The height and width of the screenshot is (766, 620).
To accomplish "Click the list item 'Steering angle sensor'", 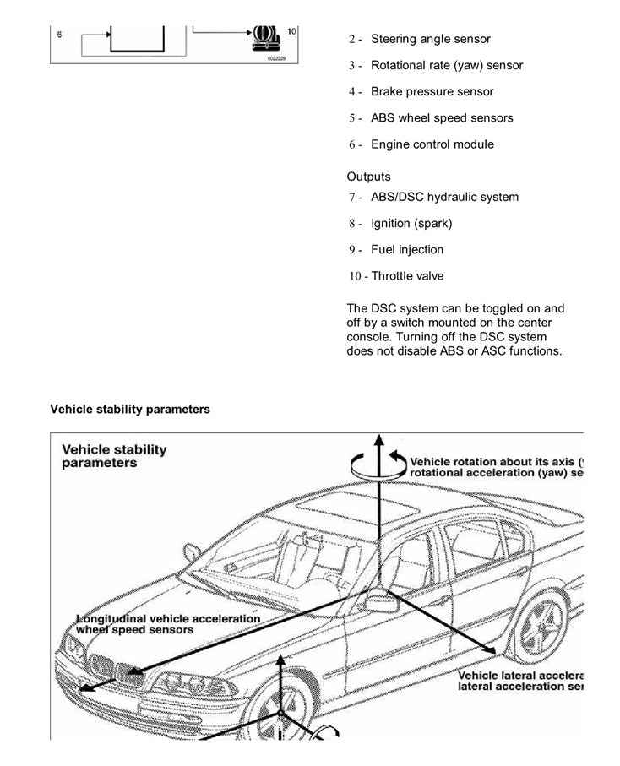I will click(x=430, y=39).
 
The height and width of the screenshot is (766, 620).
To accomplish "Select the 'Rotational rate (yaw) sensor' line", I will click(x=446, y=65).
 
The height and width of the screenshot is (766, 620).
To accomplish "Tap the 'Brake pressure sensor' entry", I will click(x=432, y=91).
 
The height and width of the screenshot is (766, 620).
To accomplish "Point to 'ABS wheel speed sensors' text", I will click(x=441, y=117).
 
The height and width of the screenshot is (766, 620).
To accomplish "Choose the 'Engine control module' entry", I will click(x=432, y=144).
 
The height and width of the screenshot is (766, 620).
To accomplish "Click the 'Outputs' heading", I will click(x=368, y=177).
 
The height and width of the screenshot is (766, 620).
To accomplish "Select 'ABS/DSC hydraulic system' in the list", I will click(x=444, y=197).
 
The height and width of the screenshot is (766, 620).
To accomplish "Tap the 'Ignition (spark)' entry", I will click(x=411, y=223).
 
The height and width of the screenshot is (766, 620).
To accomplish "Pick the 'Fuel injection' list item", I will click(x=406, y=249).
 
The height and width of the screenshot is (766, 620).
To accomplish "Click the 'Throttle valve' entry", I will click(x=407, y=275).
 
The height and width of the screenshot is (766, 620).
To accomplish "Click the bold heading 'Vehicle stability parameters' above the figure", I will click(x=130, y=409).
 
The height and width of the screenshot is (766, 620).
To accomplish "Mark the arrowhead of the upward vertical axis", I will click(x=379, y=441).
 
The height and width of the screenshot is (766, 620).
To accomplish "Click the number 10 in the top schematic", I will click(x=291, y=31).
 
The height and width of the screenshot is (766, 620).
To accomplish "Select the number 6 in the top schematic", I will click(x=59, y=35).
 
